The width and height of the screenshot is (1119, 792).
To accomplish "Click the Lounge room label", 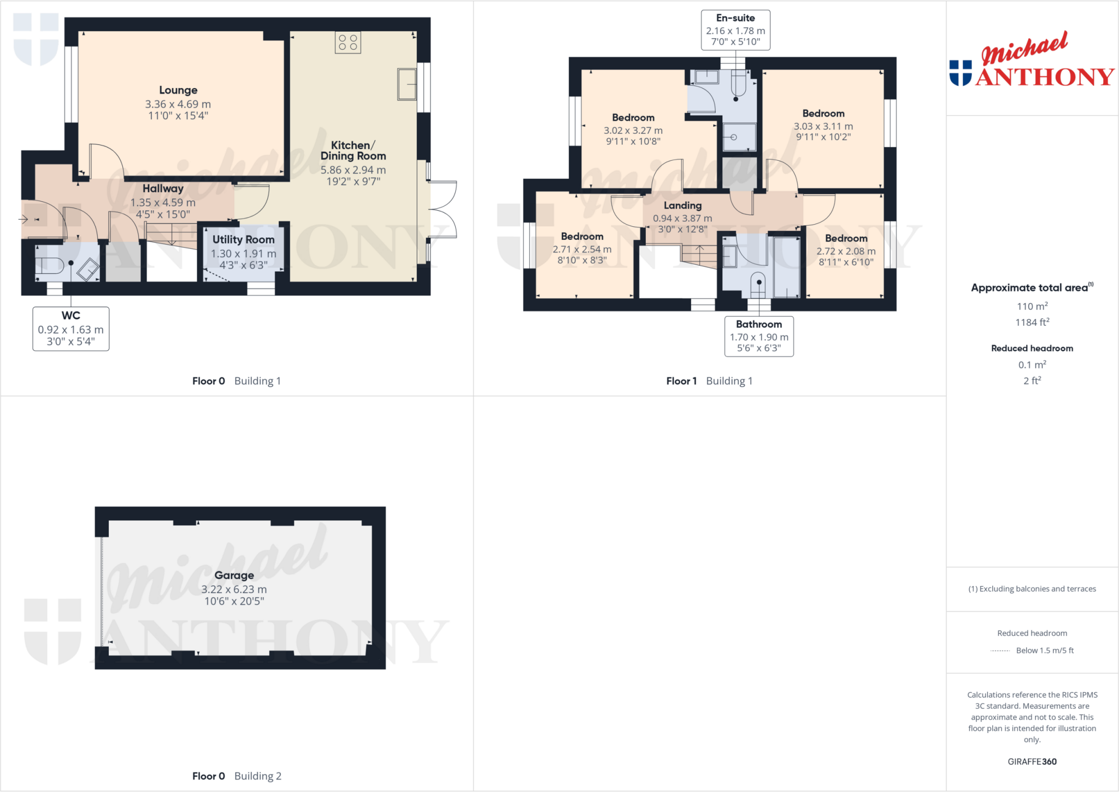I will point(178,90).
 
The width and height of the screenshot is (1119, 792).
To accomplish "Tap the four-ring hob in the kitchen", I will point(348,43).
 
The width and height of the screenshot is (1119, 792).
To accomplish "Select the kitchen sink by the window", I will point(407,84).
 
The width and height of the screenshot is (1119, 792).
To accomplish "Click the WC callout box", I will point(71,328).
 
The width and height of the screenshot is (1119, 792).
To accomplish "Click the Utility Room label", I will point(243,239).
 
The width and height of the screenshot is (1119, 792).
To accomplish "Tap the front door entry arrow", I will point(23,220).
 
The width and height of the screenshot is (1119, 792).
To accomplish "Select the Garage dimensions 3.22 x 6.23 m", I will point(234,589).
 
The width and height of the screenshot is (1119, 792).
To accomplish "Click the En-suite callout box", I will point(735,30).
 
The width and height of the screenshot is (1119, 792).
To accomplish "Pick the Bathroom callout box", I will point(759,336).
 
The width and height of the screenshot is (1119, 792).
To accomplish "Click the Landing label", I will point(682,206).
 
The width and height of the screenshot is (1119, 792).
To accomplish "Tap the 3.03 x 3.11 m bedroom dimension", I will point(823,126).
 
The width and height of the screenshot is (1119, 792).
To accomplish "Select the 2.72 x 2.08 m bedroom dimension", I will point(846,251).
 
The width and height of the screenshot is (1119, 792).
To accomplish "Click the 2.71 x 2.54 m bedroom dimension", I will point(582,249).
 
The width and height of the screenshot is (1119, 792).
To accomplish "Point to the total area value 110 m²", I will point(1032,306).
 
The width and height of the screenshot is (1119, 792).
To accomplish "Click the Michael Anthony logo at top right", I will point(1032,60).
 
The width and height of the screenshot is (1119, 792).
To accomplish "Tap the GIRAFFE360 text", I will point(1032,761).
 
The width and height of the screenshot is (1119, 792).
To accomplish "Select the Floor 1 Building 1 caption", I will point(709,381).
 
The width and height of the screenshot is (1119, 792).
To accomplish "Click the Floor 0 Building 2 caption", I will point(237,776).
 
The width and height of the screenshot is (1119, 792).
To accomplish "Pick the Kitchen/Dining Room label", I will point(353,150).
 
